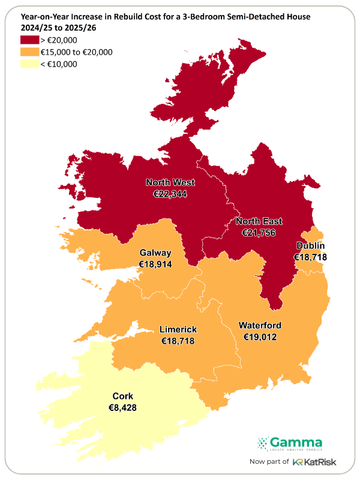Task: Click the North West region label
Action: (x=170, y=182)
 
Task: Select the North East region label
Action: (x=259, y=221)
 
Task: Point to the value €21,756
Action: (x=259, y=232)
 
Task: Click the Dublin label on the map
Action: (x=310, y=246)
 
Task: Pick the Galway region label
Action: (x=155, y=253)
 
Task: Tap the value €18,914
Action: (x=155, y=264)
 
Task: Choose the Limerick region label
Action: (x=178, y=330)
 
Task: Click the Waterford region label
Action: (x=260, y=326)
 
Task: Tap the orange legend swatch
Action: (x=29, y=52)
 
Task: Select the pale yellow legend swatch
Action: (x=29, y=64)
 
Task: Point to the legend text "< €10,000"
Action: (x=59, y=64)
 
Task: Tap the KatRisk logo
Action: (x=307, y=461)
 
